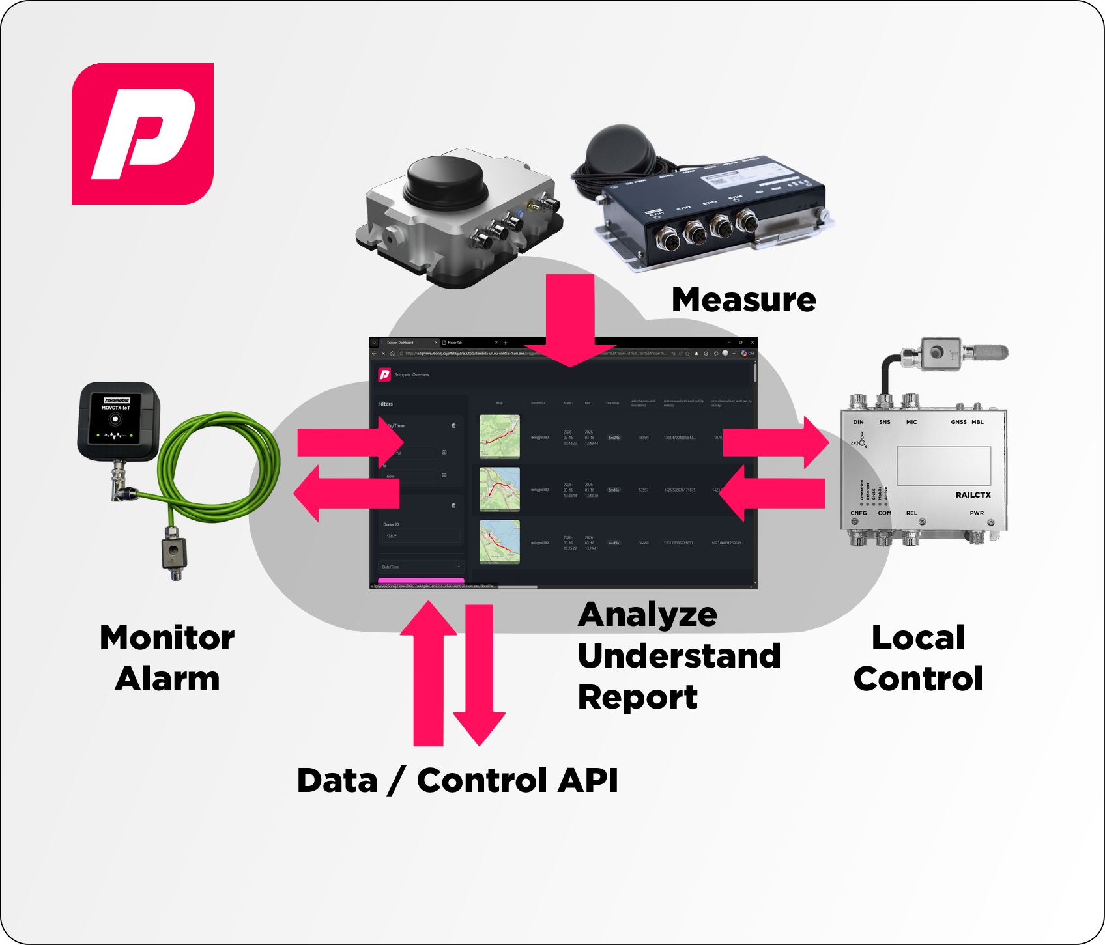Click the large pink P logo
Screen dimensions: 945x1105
(x=143, y=134)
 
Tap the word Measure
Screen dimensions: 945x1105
(x=743, y=300)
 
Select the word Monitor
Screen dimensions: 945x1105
(x=167, y=638)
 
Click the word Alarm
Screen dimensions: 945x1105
(x=167, y=679)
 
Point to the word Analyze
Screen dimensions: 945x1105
(x=647, y=615)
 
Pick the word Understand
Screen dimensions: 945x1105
(x=679, y=656)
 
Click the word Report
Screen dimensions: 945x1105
(x=637, y=697)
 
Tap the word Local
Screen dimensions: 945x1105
(x=918, y=638)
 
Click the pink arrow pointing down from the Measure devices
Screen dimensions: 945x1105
(x=570, y=319)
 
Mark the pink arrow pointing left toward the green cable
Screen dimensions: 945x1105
(x=345, y=494)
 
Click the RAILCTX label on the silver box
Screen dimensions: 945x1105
(x=973, y=495)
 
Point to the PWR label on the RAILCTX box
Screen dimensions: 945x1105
(x=976, y=513)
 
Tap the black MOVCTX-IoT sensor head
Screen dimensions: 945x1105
(x=118, y=421)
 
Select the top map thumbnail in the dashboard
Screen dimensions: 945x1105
(x=500, y=437)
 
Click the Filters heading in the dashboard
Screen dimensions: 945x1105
(x=386, y=404)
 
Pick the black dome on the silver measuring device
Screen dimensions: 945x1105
(x=447, y=181)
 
